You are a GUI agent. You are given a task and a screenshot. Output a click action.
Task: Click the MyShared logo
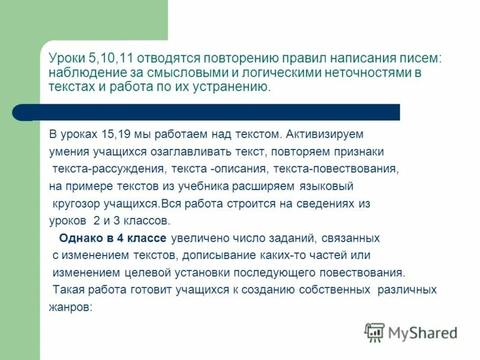coord(411,332)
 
